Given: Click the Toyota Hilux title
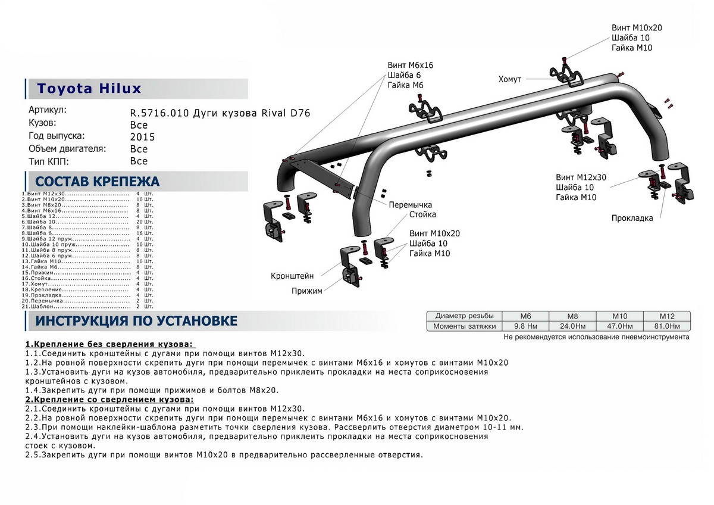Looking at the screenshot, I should (x=90, y=89).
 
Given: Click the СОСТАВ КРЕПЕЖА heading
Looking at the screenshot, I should (x=98, y=182).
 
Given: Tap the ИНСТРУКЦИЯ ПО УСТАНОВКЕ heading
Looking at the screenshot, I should (x=136, y=322).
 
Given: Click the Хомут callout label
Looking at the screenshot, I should (x=510, y=79).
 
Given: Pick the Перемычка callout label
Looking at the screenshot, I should (x=410, y=204).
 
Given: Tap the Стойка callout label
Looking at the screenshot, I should (x=422, y=214).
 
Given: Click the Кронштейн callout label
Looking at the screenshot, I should (x=292, y=276).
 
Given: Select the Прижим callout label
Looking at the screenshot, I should (x=306, y=291).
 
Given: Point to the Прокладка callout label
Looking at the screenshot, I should (x=632, y=218).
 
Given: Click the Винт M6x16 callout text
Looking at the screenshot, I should (x=411, y=65).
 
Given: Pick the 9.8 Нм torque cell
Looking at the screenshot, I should (x=526, y=326).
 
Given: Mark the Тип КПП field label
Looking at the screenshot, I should (x=49, y=161).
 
